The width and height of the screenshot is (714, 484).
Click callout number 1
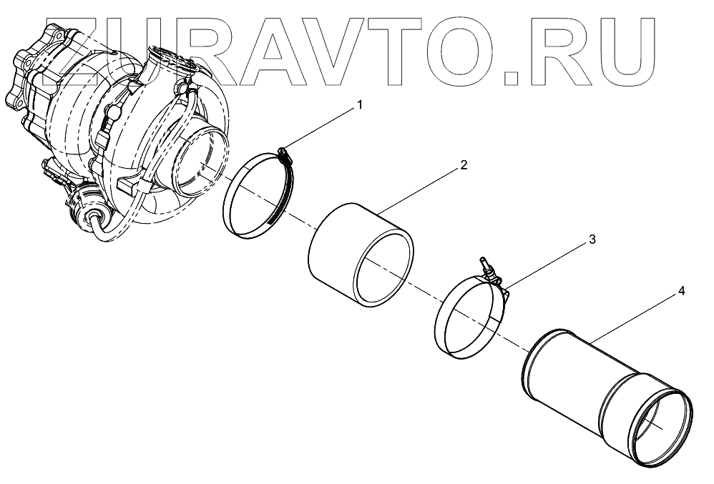[360, 104]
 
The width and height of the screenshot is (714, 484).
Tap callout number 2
[464, 165]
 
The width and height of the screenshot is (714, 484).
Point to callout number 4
[682, 292]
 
